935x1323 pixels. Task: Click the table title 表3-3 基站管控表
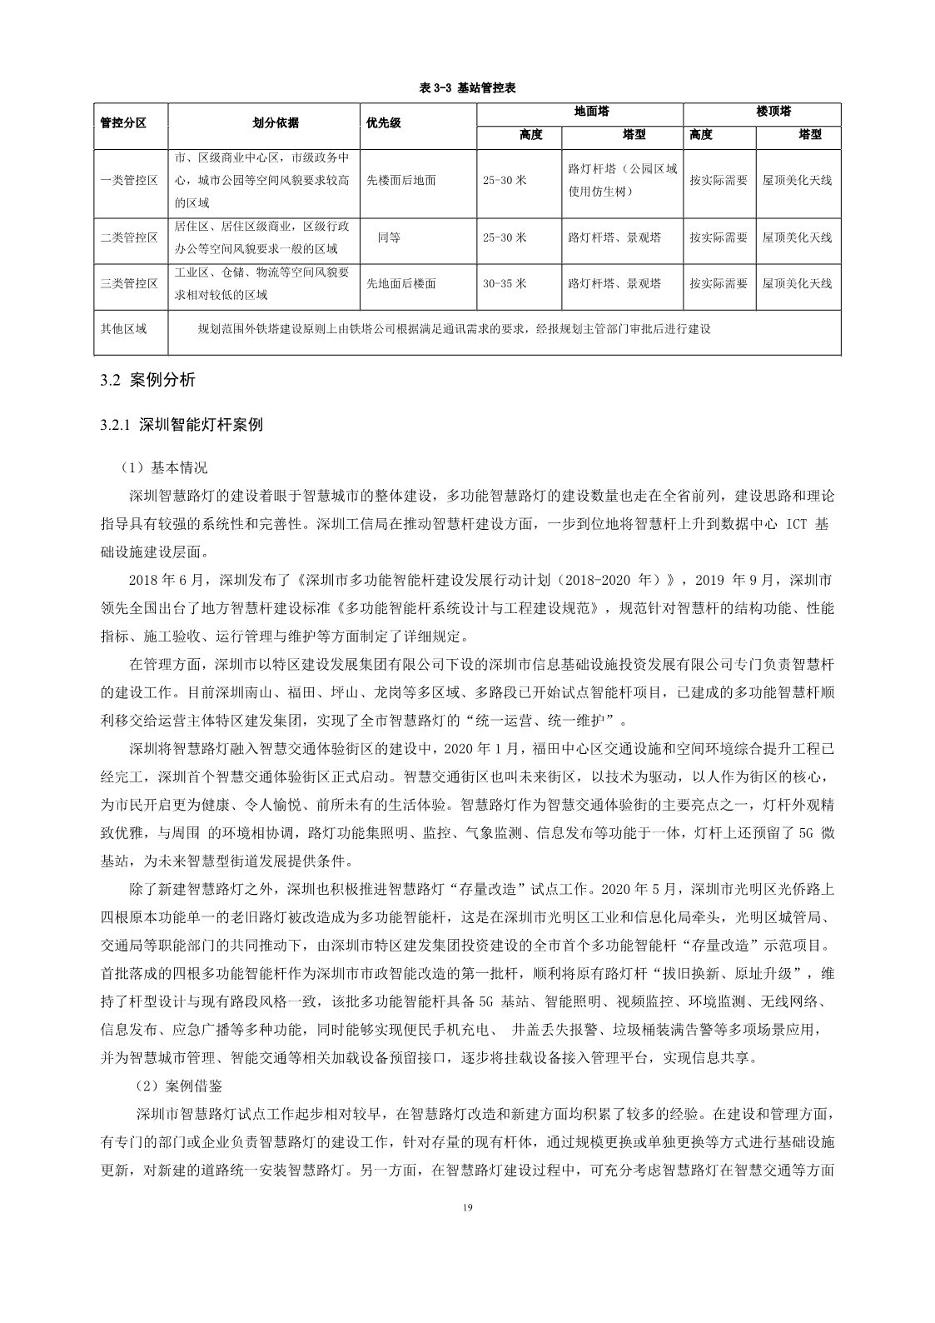[x=469, y=87]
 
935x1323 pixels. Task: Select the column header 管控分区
[x=123, y=122]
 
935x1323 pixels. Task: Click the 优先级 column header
[x=384, y=122]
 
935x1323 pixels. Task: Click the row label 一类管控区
[x=129, y=180]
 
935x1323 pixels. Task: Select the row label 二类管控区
[x=129, y=237]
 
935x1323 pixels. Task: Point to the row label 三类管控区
[x=129, y=283]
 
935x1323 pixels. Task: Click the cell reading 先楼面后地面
[x=401, y=180]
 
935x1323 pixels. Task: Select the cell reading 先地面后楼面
[x=401, y=283]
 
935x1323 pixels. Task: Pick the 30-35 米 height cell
[x=505, y=283]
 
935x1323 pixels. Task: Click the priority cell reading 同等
[x=389, y=237]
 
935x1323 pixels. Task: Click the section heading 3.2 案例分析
[x=147, y=380]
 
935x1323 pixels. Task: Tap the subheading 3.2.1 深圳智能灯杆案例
[x=182, y=425]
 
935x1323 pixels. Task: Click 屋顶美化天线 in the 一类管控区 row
[x=797, y=180]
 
